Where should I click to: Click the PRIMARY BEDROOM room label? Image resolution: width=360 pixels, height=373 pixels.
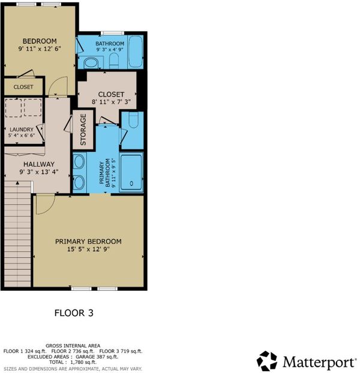(88, 242)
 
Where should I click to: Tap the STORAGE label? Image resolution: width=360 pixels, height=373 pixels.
(83, 130)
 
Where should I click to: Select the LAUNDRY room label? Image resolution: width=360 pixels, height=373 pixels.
(22, 130)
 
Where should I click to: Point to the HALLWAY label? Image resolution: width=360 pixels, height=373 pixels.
(39, 164)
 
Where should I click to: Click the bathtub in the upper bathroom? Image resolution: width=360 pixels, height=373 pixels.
(136, 52)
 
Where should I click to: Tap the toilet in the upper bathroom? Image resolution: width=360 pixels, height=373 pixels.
(114, 60)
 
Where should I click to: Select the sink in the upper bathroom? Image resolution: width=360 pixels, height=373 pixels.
(91, 64)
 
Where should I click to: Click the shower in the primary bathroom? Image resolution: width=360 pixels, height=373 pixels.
(131, 173)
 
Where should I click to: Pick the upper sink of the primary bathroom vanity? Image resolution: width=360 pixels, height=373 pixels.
(79, 162)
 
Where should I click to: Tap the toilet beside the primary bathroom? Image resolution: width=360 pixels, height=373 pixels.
(133, 120)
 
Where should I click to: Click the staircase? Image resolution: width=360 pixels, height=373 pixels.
(17, 234)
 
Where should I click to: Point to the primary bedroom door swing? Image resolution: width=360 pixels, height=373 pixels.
(45, 204)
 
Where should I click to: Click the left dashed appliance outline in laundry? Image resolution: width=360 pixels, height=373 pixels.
(13, 108)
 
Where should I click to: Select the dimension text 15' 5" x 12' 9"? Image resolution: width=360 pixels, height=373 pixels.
(88, 249)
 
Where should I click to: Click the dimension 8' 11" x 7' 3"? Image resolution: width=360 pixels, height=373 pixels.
(111, 102)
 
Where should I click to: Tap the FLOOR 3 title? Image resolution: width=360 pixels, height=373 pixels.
(74, 313)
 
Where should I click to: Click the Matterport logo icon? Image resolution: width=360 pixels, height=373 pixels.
(267, 361)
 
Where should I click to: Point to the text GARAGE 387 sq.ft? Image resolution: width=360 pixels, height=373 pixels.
(97, 357)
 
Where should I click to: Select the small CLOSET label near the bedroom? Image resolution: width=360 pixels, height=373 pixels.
(23, 87)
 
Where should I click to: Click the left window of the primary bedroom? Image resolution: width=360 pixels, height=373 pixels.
(82, 289)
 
